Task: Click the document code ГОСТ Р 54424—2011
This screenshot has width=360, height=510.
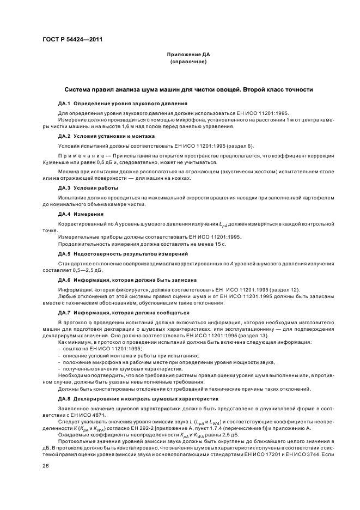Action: (x=72, y=40)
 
